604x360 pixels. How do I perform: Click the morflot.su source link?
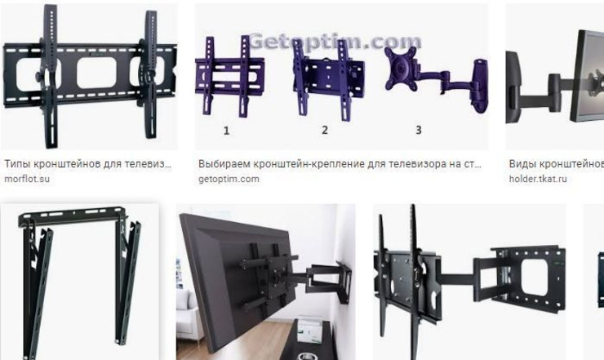(27, 180)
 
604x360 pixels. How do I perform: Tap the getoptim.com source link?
(229, 180)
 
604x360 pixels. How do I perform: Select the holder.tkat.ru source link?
(538, 180)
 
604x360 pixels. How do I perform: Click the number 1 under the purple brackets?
(227, 131)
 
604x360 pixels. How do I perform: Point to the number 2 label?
(325, 131)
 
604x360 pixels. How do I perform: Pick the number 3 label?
(419, 131)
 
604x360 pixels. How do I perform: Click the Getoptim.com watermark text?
(335, 42)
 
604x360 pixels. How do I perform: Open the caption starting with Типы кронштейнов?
(88, 164)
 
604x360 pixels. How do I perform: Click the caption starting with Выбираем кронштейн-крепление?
(340, 164)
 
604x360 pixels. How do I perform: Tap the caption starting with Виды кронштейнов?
(556, 164)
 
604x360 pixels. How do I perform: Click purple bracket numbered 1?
(229, 76)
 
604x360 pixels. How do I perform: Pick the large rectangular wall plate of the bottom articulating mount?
(531, 278)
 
